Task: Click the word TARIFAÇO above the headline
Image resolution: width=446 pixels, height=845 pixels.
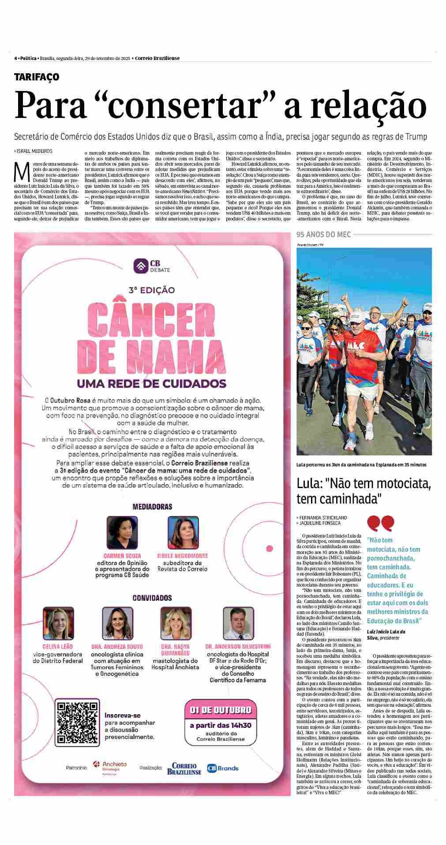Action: tap(37, 77)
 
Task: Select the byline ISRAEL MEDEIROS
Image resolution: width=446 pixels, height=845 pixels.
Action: tap(34, 151)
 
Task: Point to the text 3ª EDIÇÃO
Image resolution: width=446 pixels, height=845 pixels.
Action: tap(151, 290)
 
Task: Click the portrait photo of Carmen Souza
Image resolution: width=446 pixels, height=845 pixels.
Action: tap(122, 533)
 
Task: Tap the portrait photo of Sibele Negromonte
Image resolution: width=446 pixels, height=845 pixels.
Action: tap(182, 533)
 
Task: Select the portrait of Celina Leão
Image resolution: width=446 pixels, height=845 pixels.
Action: tap(58, 623)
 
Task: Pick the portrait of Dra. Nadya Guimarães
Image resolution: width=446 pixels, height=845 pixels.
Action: tap(175, 623)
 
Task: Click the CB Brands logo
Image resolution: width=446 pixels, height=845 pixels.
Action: tap(223, 768)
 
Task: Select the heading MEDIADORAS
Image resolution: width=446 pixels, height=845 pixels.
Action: tap(152, 507)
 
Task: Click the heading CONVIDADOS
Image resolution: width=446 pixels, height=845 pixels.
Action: tap(152, 598)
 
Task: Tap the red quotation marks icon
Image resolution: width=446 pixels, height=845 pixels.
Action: tap(380, 523)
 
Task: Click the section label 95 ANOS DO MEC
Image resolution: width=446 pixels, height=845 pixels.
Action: tap(323, 235)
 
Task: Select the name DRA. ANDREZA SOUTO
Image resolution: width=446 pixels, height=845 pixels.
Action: tap(117, 647)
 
